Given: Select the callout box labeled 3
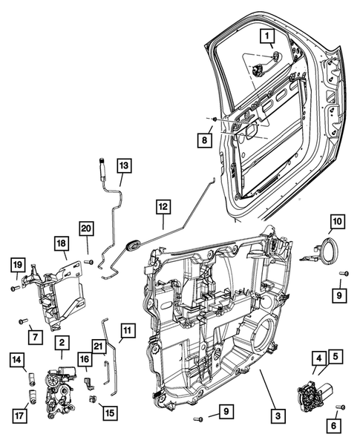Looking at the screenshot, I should pyautogui.click(x=275, y=417).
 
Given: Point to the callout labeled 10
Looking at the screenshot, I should pyautogui.click(x=336, y=221).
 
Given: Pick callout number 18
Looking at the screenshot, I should pyautogui.click(x=62, y=243).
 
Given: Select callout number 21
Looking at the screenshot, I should pyautogui.click(x=99, y=347).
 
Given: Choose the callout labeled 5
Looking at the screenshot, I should pyautogui.click(x=336, y=358).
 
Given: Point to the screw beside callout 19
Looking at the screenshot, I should pyautogui.click(x=14, y=288).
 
